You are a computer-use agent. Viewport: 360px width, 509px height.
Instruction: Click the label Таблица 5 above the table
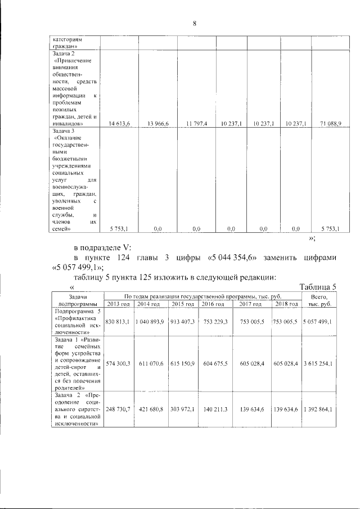coord(318,286)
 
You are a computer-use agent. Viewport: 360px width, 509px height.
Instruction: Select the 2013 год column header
coord(118,304)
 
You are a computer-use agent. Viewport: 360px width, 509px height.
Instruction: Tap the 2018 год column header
coord(286,304)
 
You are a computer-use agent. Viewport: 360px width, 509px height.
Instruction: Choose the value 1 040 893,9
coord(151,321)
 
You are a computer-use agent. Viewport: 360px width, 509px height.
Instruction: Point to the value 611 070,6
coord(151,364)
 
